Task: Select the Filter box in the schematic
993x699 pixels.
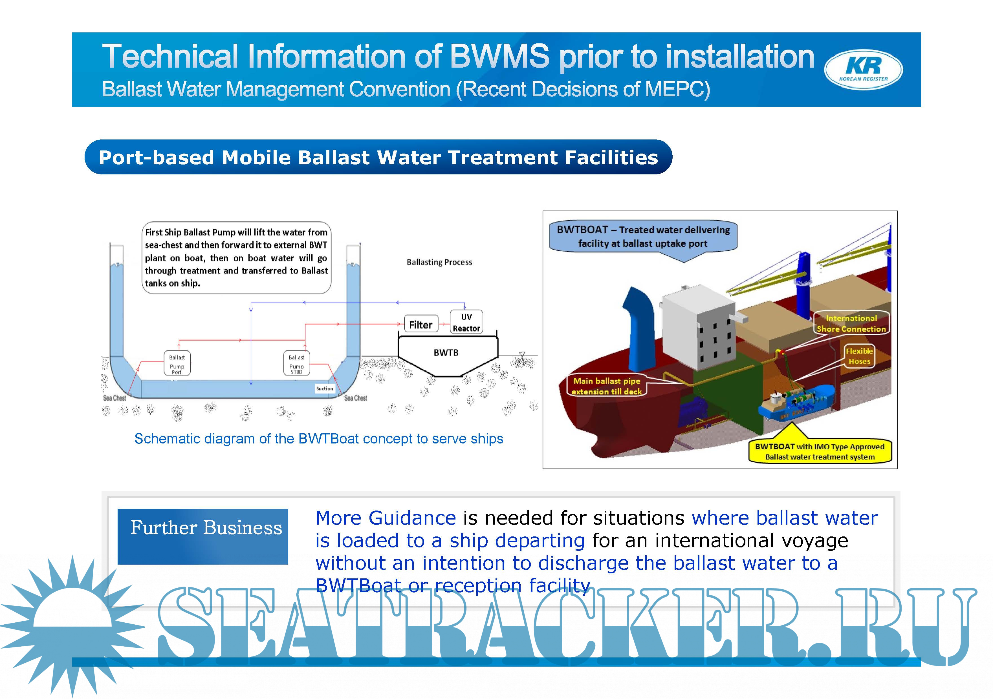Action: pos(420,324)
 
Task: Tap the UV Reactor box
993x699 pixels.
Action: pos(466,322)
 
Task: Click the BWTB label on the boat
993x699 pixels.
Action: pos(446,352)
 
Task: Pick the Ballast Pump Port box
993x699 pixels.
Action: pos(177,363)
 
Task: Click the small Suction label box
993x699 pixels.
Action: pos(324,389)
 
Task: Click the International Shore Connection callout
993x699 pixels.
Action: pos(851,323)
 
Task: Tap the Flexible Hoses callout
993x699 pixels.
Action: pos(859,356)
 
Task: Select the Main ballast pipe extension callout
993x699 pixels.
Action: pos(606,386)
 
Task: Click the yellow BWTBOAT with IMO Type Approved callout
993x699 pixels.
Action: pos(820,451)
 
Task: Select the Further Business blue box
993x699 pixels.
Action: pos(203,536)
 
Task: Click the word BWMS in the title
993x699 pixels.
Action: pos(499,57)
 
